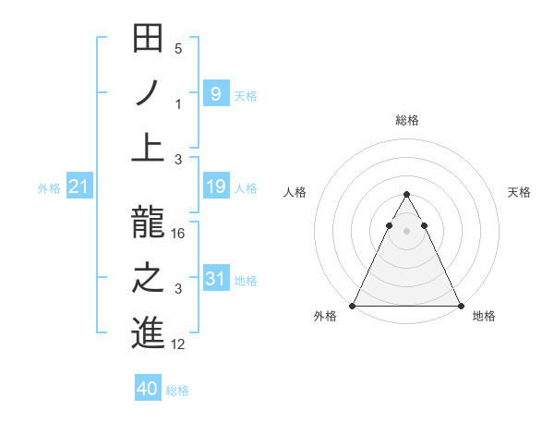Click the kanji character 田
pos(149,40)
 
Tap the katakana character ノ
pos(149,94)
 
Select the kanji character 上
pos(149,148)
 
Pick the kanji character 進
pos(149,333)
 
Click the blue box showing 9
pos(215,93)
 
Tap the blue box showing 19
pos(215,187)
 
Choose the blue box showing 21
pos(79,187)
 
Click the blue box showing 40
pos(148,389)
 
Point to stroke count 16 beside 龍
pos(179,234)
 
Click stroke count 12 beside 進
pos(179,344)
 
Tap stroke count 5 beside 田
pos(178,49)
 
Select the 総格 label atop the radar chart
pos(407,120)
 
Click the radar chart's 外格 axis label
pos(325,317)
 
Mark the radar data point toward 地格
pos(461,306)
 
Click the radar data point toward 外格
pos(353,306)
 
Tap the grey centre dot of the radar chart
pos(407,230)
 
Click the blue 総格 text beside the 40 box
pos(177,391)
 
